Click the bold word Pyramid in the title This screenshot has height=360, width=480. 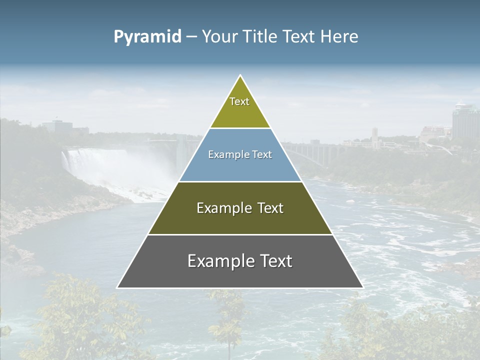pyautogui.click(x=147, y=37)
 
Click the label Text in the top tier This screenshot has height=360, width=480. pyautogui.click(x=239, y=101)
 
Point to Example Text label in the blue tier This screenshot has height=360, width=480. pyautogui.click(x=240, y=154)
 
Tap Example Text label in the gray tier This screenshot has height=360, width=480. pyautogui.click(x=240, y=261)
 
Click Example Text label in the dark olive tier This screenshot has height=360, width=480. pyautogui.click(x=240, y=208)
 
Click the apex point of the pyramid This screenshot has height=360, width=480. pyautogui.click(x=240, y=75)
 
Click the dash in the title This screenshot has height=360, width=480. pyautogui.click(x=191, y=37)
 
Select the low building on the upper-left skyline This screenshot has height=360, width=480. pyautogui.click(x=56, y=125)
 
